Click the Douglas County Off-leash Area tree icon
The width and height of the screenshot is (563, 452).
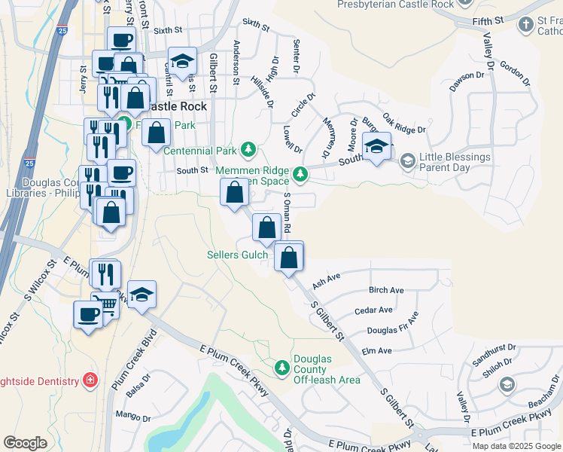click(x=282, y=368)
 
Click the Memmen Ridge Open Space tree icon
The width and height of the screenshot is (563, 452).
click(x=300, y=175)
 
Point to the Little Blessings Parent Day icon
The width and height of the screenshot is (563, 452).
click(x=407, y=160)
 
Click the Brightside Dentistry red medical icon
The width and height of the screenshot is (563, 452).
click(x=90, y=380)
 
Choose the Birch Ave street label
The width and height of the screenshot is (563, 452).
click(x=386, y=290)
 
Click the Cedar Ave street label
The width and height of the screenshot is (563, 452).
click(x=374, y=310)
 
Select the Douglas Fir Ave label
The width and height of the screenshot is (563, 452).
click(x=392, y=325)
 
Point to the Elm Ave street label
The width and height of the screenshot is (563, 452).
click(x=376, y=351)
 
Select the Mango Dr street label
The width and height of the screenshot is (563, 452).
click(x=132, y=414)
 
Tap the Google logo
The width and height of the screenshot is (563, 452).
click(x=25, y=442)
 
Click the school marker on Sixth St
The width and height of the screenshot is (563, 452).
click(x=182, y=63)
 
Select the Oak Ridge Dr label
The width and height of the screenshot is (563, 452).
click(x=404, y=124)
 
